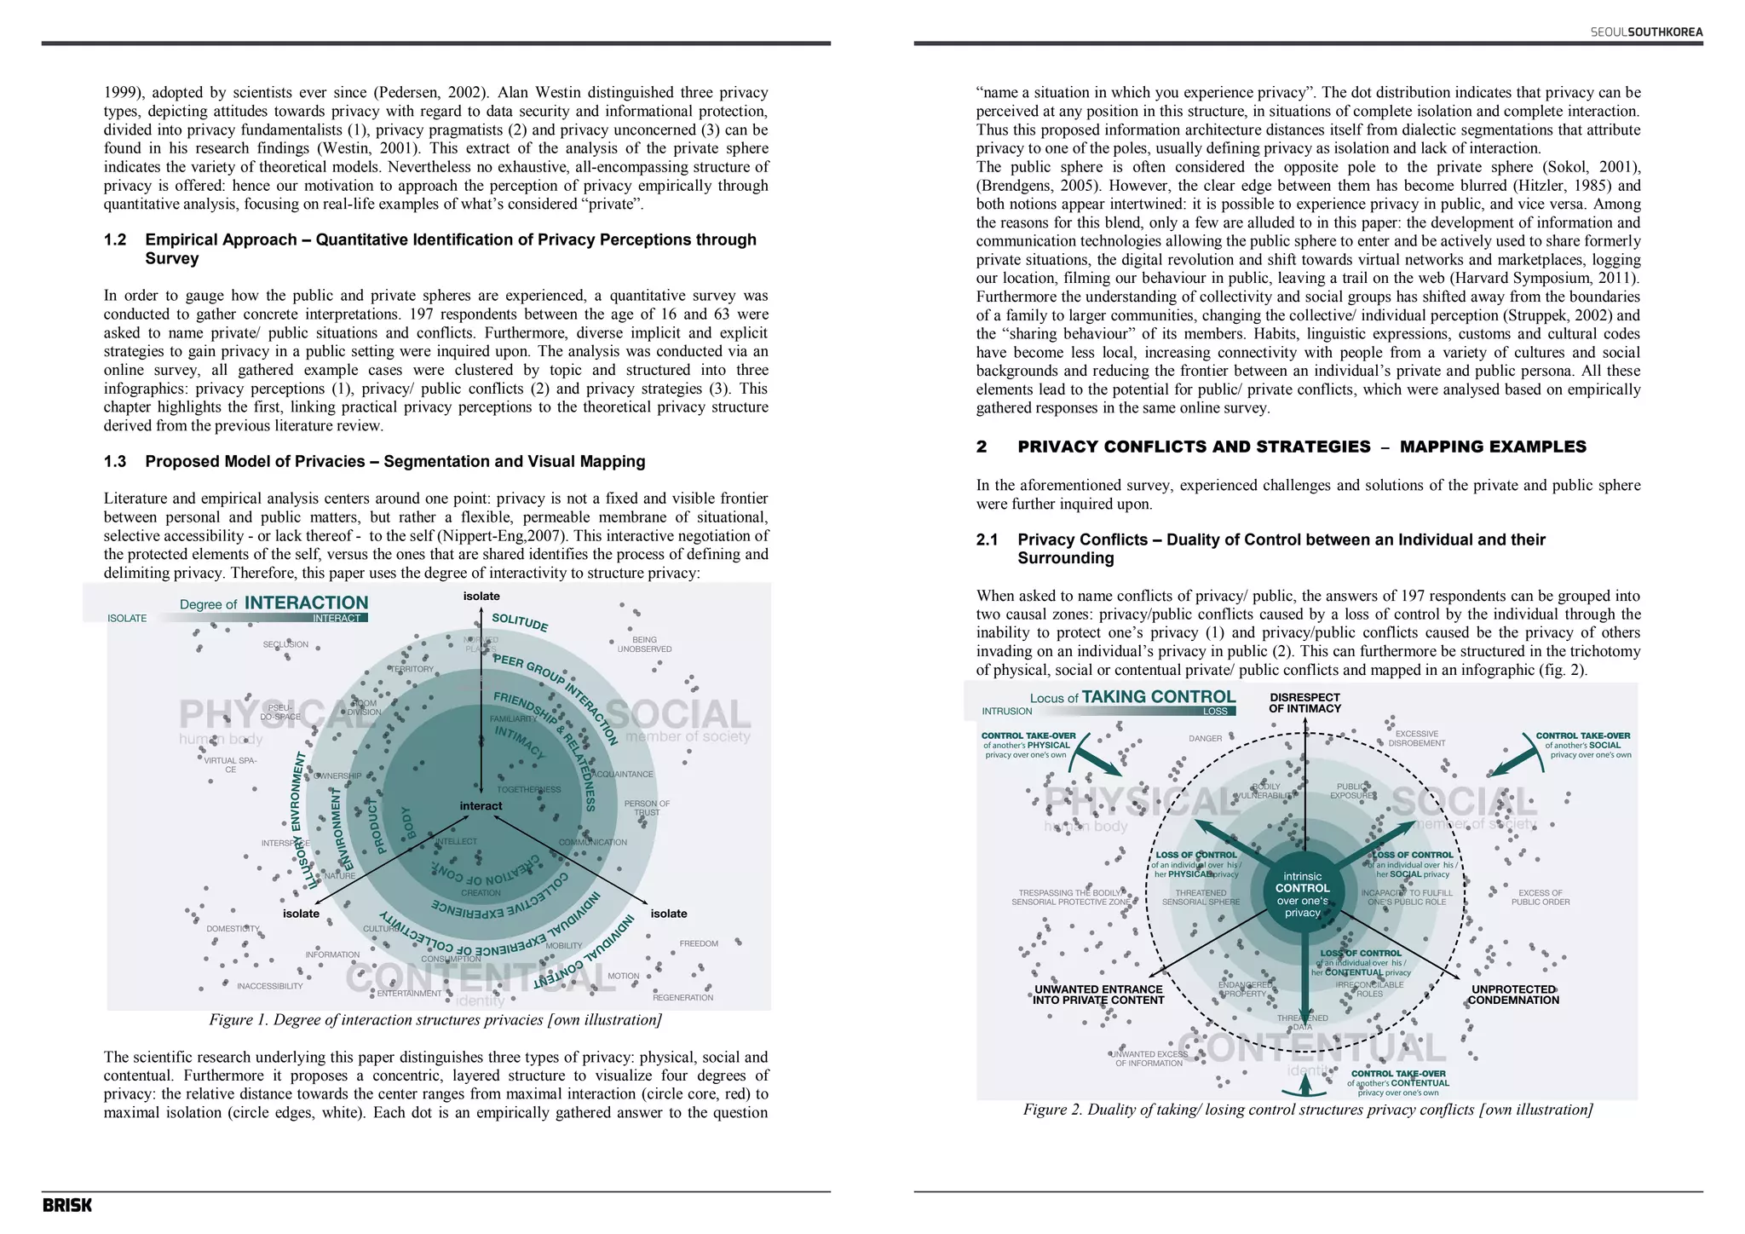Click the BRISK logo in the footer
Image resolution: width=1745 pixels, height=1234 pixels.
(67, 1205)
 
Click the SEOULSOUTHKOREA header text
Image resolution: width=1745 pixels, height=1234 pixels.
(1646, 32)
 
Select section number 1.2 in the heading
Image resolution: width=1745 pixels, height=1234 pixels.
(115, 239)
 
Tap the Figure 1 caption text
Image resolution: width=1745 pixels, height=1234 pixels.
(435, 1020)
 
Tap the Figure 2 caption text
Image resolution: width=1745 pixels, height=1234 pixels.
(1307, 1110)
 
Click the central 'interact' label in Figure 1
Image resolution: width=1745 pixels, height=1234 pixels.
(481, 805)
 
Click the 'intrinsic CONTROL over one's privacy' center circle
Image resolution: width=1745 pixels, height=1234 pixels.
(1302, 894)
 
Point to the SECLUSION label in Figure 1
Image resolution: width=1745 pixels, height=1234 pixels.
(285, 644)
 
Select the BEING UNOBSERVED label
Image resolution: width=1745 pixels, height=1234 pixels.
(644, 644)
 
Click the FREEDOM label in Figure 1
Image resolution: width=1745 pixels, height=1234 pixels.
(699, 943)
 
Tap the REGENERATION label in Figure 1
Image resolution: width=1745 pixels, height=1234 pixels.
(682, 997)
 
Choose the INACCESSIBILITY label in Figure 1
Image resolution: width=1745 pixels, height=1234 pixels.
(269, 986)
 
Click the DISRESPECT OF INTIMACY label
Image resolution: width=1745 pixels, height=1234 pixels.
(1304, 702)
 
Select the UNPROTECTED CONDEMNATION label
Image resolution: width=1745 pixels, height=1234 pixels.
(1513, 995)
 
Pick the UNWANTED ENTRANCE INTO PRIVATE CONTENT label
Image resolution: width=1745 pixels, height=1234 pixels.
(1097, 995)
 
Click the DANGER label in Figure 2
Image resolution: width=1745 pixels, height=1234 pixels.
(1205, 738)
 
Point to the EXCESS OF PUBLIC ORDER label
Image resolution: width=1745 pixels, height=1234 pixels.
(1540, 897)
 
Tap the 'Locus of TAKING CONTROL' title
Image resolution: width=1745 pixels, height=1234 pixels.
(1132, 697)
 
